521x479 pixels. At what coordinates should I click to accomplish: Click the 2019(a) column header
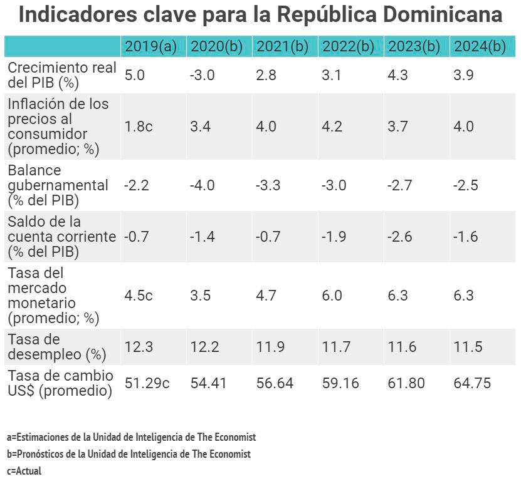coord(151,47)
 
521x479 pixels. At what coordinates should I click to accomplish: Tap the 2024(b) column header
coord(480,47)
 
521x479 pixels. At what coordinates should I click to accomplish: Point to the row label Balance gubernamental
coord(58,185)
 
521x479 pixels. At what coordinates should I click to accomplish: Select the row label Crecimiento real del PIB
coord(61,76)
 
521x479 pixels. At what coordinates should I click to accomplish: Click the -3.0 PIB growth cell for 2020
coord(202,76)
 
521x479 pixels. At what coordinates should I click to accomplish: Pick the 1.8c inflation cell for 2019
coord(139,126)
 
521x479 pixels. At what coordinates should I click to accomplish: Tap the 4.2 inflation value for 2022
coord(332,126)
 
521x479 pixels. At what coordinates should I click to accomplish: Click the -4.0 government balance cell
coord(202,185)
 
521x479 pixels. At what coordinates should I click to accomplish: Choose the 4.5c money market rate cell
coord(139,296)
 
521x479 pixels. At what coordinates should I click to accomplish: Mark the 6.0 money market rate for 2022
coord(332,296)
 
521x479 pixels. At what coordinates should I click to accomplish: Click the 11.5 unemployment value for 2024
coord(468,347)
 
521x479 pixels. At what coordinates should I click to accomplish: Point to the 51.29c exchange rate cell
coord(147,383)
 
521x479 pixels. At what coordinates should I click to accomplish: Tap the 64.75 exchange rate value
coord(472,383)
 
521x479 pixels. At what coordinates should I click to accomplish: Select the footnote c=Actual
coord(24,471)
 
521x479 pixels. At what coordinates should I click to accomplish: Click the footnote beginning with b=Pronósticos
coord(129,454)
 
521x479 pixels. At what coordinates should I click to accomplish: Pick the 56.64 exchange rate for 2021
coord(275,383)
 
